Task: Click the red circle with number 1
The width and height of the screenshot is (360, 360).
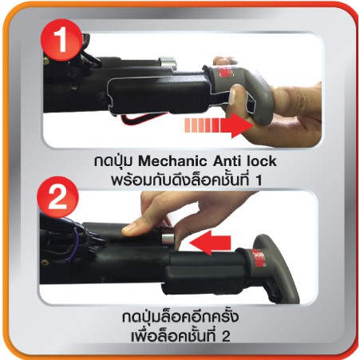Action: (61, 41)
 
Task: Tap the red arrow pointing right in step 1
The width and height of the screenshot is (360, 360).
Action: (219, 125)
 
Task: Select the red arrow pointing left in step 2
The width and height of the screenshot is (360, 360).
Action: (210, 243)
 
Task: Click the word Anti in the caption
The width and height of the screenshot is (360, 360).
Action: (227, 161)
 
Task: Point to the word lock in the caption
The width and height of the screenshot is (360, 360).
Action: (262, 161)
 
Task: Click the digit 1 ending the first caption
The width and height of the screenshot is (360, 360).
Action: (258, 181)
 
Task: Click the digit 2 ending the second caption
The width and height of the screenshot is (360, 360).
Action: (226, 337)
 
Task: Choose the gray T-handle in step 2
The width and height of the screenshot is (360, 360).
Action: (269, 266)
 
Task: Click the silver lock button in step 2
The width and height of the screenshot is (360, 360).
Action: (167, 235)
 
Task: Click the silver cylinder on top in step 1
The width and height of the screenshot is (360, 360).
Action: (168, 62)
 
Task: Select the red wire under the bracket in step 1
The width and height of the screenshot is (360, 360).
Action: (144, 118)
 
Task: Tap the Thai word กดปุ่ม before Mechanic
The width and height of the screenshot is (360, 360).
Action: (115, 161)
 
